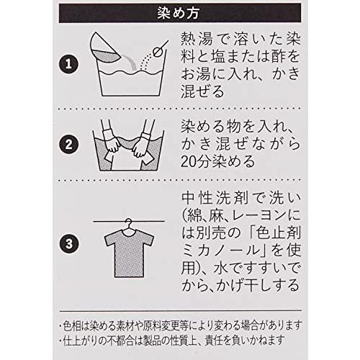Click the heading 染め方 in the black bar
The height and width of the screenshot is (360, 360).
[x=178, y=13]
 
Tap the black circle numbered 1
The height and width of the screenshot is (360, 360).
[x=68, y=64]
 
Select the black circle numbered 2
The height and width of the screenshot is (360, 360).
[x=68, y=145]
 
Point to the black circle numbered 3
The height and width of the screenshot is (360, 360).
[x=68, y=243]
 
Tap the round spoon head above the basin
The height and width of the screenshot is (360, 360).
[x=157, y=52]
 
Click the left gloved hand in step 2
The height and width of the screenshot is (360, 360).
[x=112, y=144]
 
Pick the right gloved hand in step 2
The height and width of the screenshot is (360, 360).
[x=142, y=145]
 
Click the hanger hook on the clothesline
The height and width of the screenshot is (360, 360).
[x=129, y=223]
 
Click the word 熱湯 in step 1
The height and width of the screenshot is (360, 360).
[x=197, y=39]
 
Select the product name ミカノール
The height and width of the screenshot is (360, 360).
[x=222, y=251]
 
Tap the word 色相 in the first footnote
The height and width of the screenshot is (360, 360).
[x=71, y=325]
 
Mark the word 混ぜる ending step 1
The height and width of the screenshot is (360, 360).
[x=202, y=91]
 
